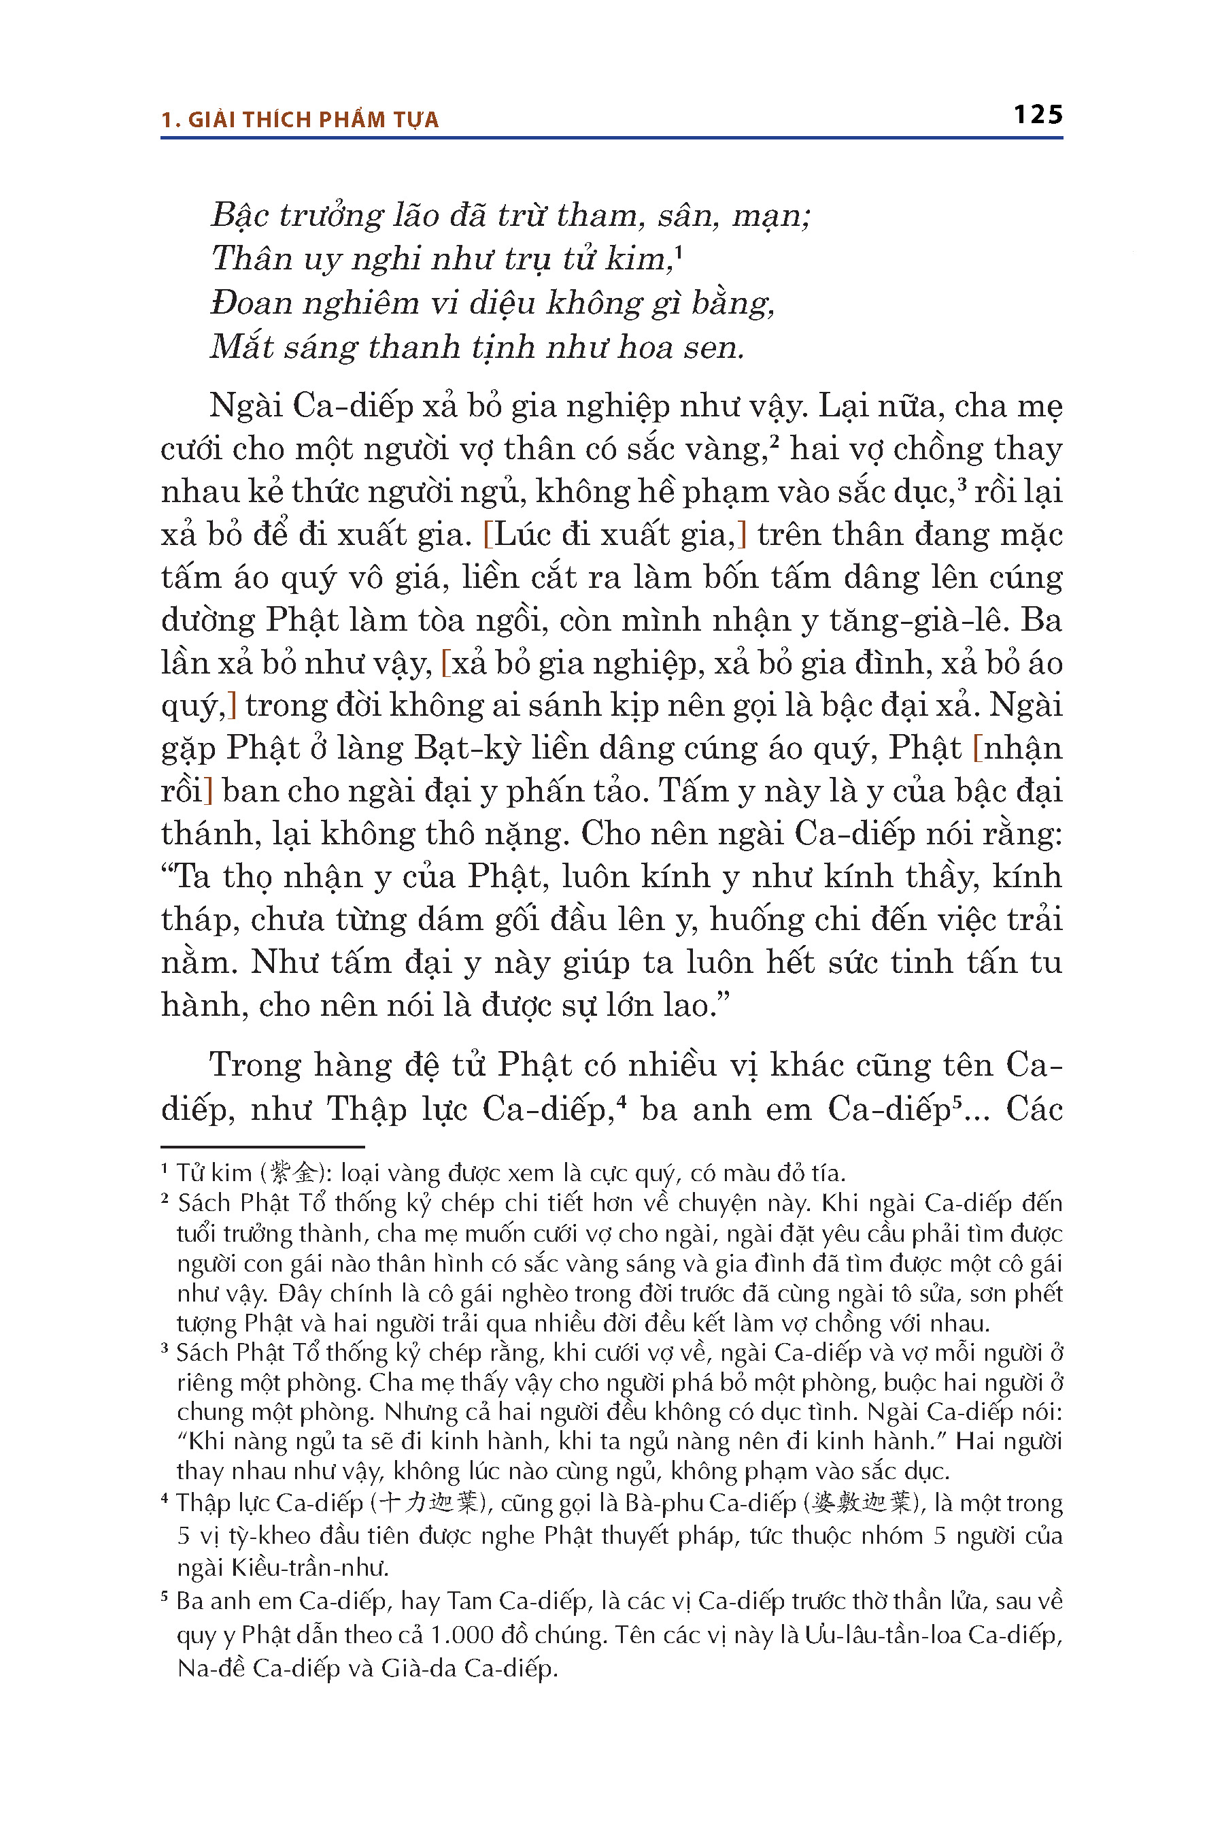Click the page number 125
[x=1038, y=115]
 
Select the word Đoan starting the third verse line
[x=248, y=303]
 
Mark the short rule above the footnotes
[x=262, y=1146]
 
